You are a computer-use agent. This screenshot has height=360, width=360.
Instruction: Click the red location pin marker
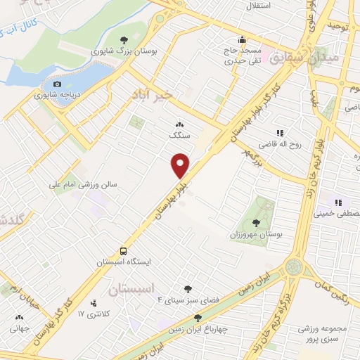coord(181,165)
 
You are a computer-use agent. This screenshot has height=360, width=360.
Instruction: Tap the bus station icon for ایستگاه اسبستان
coord(124,250)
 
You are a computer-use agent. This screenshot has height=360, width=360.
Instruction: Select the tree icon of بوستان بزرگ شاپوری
coord(124,40)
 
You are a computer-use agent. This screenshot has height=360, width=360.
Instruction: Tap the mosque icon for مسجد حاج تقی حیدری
coord(243,40)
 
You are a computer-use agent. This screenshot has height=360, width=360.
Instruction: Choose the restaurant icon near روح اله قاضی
coord(280,131)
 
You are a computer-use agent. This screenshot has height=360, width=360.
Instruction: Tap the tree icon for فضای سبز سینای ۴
coord(187,288)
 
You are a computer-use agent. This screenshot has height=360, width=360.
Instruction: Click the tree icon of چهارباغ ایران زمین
coord(197,319)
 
